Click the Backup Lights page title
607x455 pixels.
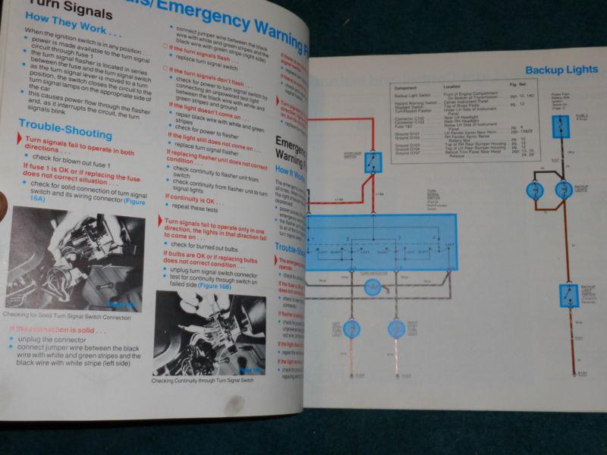[x=561, y=71]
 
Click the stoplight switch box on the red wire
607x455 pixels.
[x=373, y=162]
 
